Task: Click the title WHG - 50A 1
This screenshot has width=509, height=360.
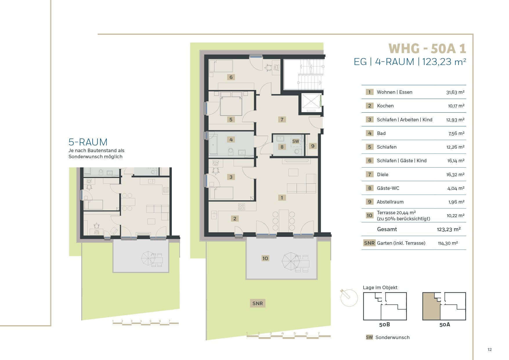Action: click(427, 48)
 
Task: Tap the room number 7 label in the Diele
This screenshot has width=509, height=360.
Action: click(282, 119)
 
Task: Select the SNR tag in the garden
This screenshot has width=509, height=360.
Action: click(257, 303)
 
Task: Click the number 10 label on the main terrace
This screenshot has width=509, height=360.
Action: click(265, 258)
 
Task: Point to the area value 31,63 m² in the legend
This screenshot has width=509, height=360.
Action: click(455, 92)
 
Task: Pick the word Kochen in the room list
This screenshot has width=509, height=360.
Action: click(385, 106)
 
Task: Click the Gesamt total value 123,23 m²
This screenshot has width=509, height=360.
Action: click(449, 229)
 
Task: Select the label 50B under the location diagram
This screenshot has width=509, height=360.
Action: click(385, 325)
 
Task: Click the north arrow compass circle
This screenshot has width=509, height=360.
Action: click(349, 298)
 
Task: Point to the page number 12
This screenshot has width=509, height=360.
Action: click(490, 350)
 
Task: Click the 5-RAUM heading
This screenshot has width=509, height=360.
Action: click(88, 142)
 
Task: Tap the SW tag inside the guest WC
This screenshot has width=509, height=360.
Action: click(296, 141)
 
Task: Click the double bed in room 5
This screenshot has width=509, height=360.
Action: click(231, 104)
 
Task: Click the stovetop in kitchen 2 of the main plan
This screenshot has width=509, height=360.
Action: click(241, 207)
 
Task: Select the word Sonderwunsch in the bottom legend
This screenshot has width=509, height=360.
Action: click(392, 337)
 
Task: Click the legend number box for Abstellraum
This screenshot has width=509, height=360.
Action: click(369, 202)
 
